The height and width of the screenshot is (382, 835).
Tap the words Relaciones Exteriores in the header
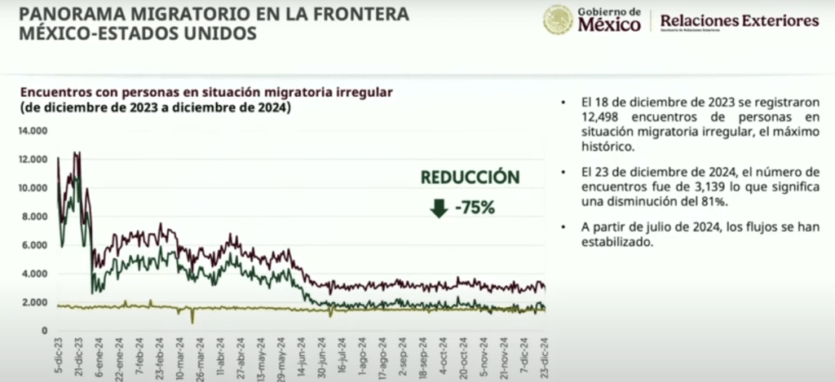click(x=738, y=20)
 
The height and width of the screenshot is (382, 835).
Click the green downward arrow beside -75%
click(x=439, y=208)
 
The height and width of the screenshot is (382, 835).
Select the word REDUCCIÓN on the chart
click(x=469, y=178)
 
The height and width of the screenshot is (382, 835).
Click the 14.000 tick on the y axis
click(x=33, y=130)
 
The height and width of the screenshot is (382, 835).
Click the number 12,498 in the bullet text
click(x=599, y=119)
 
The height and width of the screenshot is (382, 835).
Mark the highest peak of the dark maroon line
click(x=76, y=152)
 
